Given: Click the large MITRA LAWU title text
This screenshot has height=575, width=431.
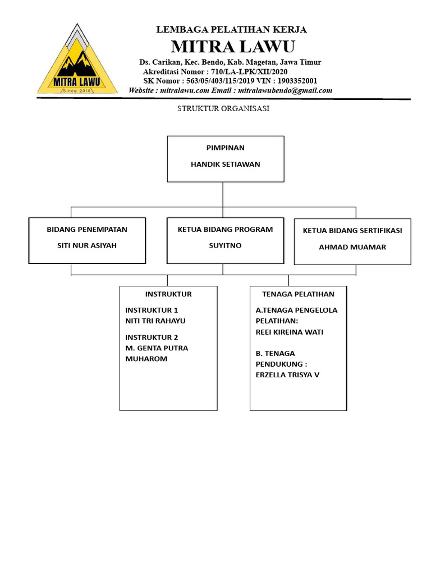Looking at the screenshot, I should (232, 45).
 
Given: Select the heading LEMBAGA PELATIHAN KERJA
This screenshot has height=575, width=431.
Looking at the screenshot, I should (231, 30).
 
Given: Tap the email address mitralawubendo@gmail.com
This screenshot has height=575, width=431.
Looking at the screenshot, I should (285, 90).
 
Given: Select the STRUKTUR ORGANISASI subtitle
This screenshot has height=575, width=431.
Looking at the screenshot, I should (223, 109).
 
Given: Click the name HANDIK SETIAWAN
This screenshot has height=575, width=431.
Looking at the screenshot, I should (226, 165).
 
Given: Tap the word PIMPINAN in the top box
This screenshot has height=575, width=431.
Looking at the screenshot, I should (226, 148).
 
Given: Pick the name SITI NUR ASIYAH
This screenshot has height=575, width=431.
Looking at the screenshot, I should (87, 245).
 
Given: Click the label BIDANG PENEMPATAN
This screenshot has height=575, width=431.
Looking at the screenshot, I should (87, 229).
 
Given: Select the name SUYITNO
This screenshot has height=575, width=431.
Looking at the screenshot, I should (225, 245).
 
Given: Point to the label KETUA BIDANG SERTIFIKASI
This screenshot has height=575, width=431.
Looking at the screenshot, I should (352, 231).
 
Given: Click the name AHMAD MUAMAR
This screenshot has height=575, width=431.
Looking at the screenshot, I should (352, 247).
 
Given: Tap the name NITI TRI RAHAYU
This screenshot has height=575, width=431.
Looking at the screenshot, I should (155, 321).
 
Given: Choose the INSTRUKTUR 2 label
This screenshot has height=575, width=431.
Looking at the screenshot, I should (152, 337).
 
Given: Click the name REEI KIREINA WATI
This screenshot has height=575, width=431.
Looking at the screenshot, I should (290, 332).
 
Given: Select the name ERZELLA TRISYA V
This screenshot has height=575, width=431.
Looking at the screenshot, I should (287, 375).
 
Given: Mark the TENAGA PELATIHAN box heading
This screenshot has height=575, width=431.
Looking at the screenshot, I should (298, 294).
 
